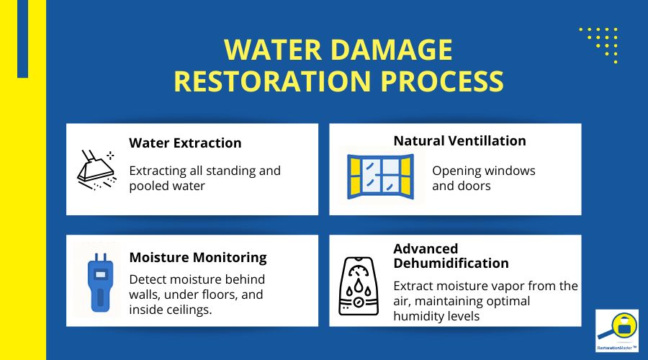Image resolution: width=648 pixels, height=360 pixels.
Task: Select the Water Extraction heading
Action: point(185,143)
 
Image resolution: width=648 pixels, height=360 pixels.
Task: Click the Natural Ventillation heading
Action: point(459,140)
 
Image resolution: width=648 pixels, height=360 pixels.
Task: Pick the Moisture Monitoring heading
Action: point(198,257)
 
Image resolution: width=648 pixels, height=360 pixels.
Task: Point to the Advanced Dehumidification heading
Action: point(451,256)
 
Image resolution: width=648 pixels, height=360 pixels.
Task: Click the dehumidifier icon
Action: point(362,286)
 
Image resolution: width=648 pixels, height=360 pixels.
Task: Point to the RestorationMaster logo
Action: point(617,331)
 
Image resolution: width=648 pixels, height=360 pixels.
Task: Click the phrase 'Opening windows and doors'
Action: point(483,178)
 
